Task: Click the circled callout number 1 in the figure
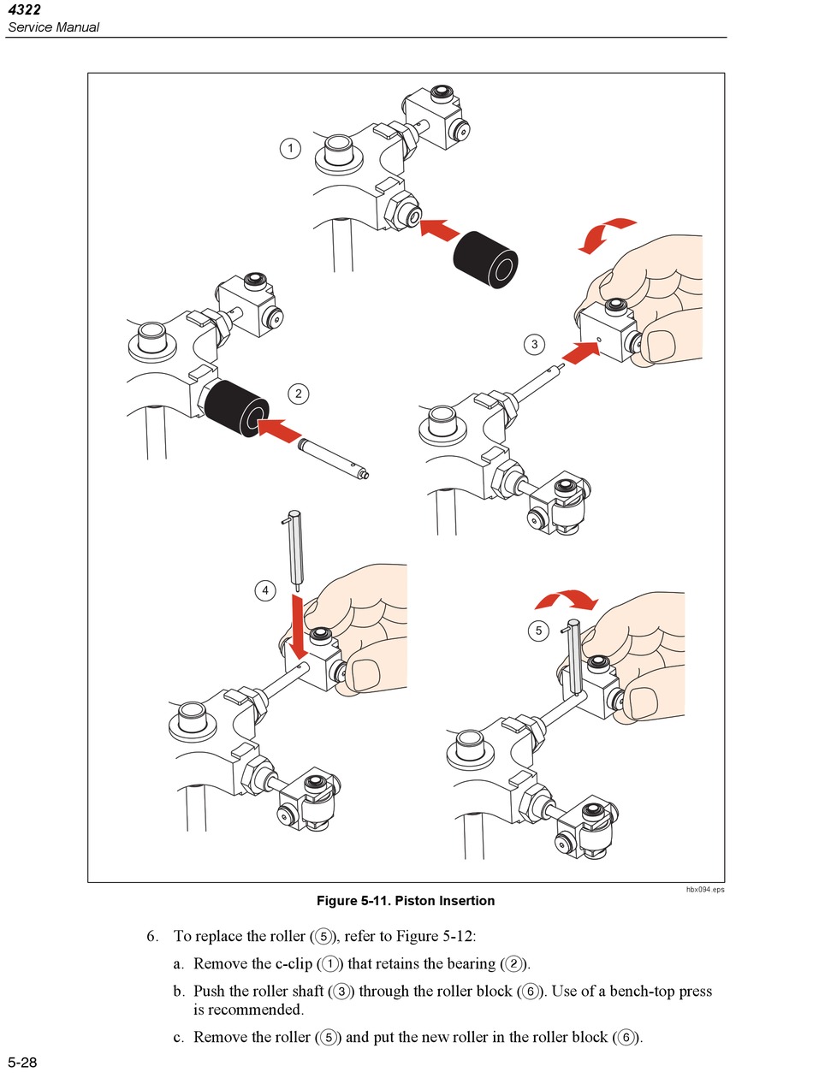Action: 291,149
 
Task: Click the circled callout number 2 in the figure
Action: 299,394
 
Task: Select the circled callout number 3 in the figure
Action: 535,345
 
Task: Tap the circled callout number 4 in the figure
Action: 265,590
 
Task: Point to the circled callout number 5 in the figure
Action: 538,631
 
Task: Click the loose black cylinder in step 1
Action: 485,259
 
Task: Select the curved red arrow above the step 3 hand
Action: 606,234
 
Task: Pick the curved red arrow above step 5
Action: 564,601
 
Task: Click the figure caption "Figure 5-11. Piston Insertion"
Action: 406,901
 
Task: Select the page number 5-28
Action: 23,1063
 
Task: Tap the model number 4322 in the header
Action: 24,10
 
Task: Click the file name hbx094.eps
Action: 705,890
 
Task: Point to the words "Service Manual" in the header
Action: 53,27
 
